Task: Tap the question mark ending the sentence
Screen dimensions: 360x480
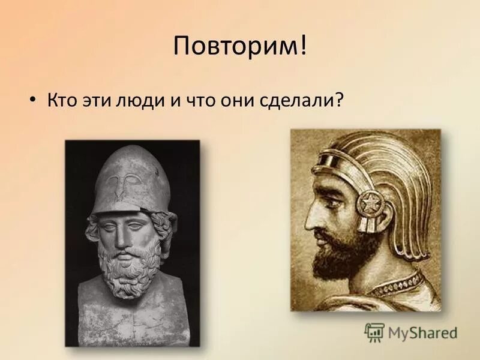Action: point(340,100)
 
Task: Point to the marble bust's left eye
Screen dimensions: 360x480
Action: point(142,223)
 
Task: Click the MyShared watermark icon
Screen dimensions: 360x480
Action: point(374,332)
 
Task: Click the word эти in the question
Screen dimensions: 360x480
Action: point(97,100)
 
